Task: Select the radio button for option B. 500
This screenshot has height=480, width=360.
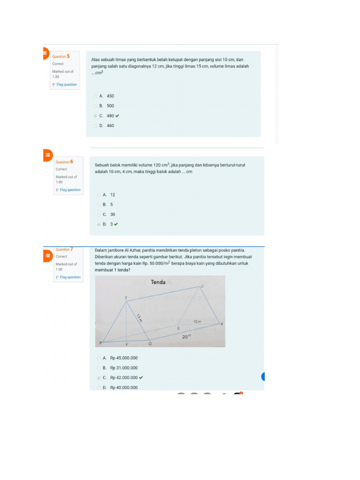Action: point(95,106)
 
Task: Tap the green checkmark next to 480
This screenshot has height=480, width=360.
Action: point(117,116)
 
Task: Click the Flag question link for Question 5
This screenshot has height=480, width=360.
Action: point(66,85)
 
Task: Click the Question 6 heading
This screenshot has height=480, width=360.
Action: point(64,162)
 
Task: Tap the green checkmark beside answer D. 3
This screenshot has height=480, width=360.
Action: point(116,224)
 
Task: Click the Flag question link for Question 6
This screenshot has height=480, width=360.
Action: point(70,190)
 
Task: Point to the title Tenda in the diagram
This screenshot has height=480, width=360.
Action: point(158,282)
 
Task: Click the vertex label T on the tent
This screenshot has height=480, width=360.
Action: point(126,298)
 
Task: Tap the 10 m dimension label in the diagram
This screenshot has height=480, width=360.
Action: point(197,322)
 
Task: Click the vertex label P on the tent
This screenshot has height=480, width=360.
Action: point(100,343)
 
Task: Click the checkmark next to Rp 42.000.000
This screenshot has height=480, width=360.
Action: point(141,377)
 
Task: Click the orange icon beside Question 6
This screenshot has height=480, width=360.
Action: point(47,155)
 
